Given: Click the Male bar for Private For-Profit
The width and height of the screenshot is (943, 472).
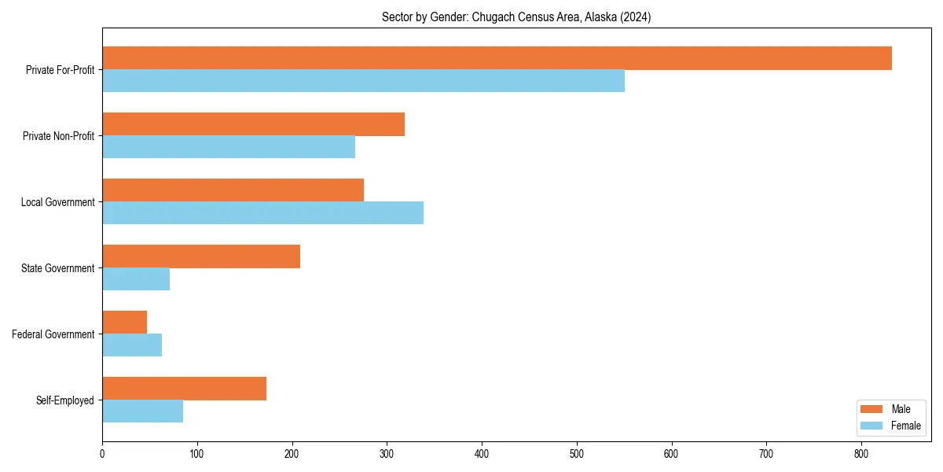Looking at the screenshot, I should [497, 58].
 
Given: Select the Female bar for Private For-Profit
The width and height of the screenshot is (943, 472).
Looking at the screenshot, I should [363, 80].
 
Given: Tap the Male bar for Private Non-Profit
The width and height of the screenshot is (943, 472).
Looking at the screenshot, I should [253, 124].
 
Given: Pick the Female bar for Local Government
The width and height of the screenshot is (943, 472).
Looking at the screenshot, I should [262, 212].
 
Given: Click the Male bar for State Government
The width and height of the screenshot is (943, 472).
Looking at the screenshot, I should [201, 256].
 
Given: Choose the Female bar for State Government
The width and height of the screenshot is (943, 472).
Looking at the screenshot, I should [136, 278].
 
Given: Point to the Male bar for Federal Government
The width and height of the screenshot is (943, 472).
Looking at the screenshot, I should [124, 323].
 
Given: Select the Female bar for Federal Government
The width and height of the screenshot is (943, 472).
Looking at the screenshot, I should [132, 345].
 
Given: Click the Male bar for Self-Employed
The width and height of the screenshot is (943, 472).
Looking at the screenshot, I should [184, 389].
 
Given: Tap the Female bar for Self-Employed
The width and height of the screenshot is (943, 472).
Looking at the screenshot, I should [142, 411].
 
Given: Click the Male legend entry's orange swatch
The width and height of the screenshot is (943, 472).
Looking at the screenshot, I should [872, 409].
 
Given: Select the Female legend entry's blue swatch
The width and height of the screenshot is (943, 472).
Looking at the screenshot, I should [872, 426].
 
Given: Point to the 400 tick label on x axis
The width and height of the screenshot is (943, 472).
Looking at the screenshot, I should [482, 453].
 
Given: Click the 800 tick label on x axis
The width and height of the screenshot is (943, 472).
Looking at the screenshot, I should [861, 453].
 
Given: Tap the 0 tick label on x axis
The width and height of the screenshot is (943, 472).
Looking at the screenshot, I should [102, 453].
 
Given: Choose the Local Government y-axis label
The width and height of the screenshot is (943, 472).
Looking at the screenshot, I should [57, 202].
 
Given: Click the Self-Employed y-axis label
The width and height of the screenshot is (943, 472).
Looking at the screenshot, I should [64, 400].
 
